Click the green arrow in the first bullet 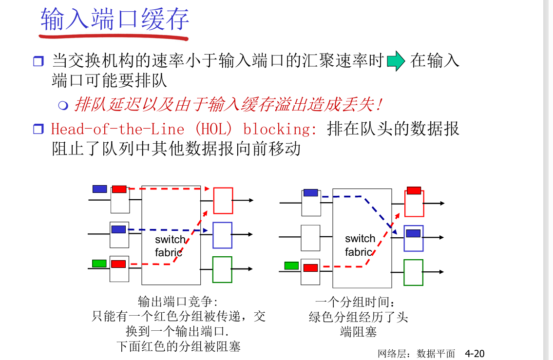pos(396,61)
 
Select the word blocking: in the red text pos(280,129)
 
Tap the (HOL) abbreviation pos(215,129)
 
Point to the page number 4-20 pos(475,353)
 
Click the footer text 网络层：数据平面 pos(416,354)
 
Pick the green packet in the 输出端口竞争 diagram pos(99,264)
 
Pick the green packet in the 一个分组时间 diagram pos(291,265)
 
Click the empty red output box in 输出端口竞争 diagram pos(223,201)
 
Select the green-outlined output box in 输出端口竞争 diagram pos(222,269)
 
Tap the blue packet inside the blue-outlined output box pos(413,233)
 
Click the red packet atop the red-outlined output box pos(414,190)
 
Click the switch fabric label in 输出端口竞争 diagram pos(170,246)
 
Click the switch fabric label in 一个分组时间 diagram pos(360,245)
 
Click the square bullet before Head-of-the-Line pos(38,130)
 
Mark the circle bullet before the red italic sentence pos(62,105)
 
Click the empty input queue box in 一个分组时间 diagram pos(310,238)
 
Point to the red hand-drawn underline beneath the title pos(114,36)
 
